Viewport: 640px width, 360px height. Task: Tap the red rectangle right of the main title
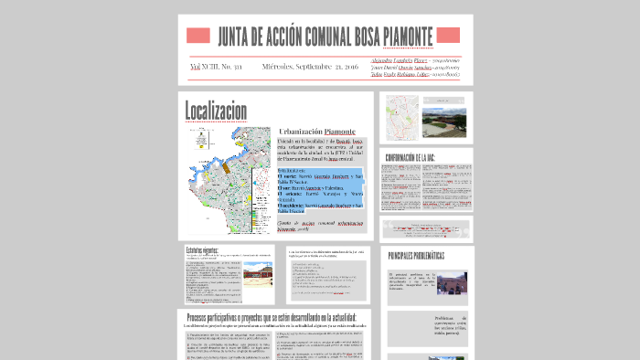click(449, 37)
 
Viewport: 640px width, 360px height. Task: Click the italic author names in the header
click(416, 67)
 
